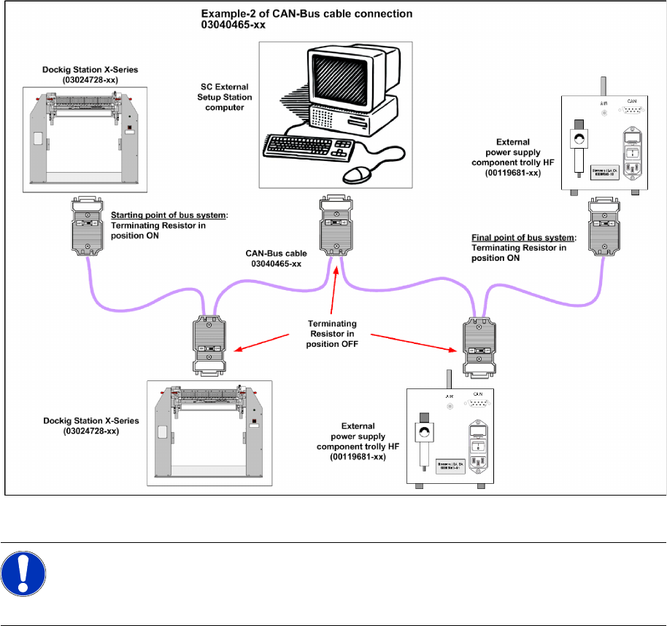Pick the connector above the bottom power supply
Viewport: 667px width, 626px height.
[478, 348]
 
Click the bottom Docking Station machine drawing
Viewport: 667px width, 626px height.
[209, 432]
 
